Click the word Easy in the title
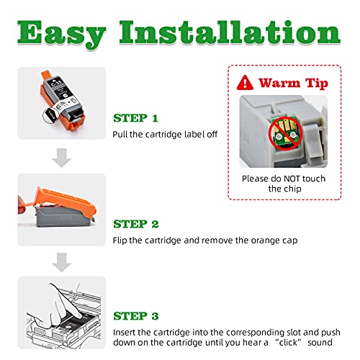(62, 34)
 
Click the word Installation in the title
(230, 32)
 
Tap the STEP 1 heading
(135, 118)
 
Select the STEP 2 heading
(136, 224)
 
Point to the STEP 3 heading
(136, 316)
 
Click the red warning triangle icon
(245, 84)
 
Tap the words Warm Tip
(293, 84)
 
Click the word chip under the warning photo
(293, 189)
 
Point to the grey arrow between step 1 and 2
(62, 158)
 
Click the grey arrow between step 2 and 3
(62, 262)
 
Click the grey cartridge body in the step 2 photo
(63, 217)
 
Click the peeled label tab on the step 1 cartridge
(50, 115)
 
